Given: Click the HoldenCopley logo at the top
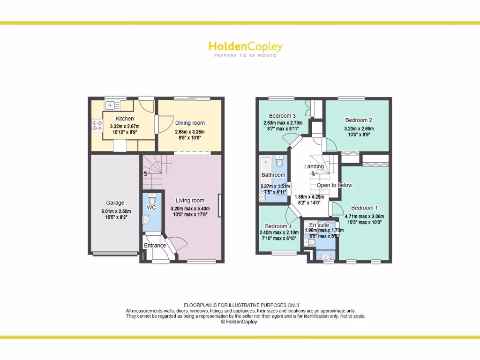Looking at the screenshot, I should click(x=245, y=47).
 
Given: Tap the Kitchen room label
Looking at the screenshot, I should click(x=125, y=119).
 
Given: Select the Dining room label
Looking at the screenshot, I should click(x=190, y=123).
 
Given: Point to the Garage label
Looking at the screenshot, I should click(x=115, y=203).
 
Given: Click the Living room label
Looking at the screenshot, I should click(x=190, y=201).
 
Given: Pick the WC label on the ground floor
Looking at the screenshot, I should click(x=151, y=207).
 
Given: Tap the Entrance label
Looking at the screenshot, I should click(x=155, y=246).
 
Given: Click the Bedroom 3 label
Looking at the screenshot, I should click(x=282, y=116).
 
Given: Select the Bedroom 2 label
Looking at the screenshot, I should click(x=359, y=120).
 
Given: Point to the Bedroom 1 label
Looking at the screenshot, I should click(x=364, y=208).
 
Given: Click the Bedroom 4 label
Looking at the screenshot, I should click(x=278, y=225).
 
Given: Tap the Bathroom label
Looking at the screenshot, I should click(x=273, y=175).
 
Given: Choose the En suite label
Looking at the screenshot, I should click(x=319, y=225).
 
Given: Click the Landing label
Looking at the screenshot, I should click(x=314, y=166).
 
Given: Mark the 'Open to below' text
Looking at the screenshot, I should click(x=334, y=185).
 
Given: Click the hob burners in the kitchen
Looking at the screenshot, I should click(x=97, y=125).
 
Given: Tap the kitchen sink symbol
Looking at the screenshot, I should click(x=111, y=105).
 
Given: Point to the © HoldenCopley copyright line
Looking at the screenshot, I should click(x=239, y=322).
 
